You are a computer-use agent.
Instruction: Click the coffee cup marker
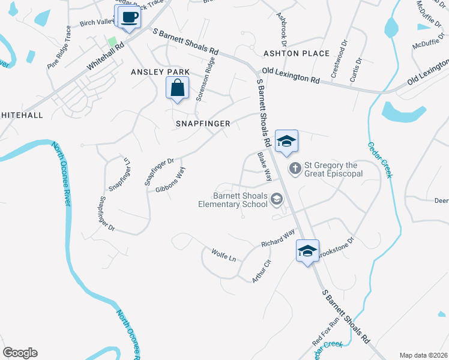[128, 17]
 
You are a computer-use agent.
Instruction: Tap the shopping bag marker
[177, 89]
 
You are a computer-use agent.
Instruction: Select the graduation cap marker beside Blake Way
[286, 142]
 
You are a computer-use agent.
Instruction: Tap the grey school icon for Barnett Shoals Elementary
[277, 199]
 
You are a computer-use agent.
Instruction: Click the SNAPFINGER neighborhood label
[202, 123]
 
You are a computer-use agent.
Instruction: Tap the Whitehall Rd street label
[106, 56]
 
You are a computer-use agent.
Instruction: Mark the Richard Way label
[278, 238]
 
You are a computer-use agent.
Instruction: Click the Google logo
[20, 353]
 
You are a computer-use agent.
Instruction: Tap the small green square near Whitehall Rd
[111, 41]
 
